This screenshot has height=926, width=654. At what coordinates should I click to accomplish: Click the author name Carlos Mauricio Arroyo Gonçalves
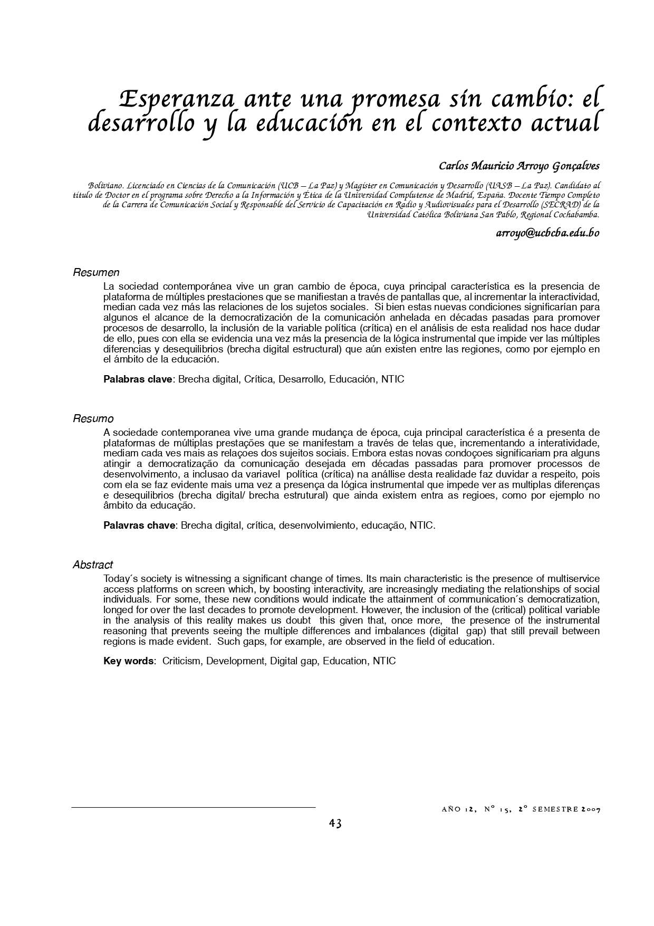click(519, 166)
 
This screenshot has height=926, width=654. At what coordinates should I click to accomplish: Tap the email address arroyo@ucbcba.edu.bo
click(547, 233)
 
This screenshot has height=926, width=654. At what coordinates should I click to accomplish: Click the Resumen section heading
click(96, 273)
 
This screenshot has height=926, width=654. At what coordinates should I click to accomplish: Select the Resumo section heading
click(93, 419)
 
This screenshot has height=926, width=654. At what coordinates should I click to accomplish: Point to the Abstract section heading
click(93, 565)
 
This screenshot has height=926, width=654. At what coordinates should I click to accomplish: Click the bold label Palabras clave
click(138, 379)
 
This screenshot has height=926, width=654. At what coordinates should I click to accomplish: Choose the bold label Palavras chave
click(139, 526)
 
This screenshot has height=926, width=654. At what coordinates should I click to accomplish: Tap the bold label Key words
click(128, 661)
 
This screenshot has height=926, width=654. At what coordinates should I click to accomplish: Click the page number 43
click(335, 823)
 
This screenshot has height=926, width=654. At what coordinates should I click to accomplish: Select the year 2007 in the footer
click(590, 809)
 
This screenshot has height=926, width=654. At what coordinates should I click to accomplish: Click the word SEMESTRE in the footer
click(554, 809)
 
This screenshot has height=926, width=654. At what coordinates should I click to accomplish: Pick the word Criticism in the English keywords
click(182, 661)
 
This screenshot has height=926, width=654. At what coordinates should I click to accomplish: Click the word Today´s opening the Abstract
click(118, 579)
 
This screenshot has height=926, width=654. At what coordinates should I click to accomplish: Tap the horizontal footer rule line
click(193, 807)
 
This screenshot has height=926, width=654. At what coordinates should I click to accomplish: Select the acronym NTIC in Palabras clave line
click(392, 379)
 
